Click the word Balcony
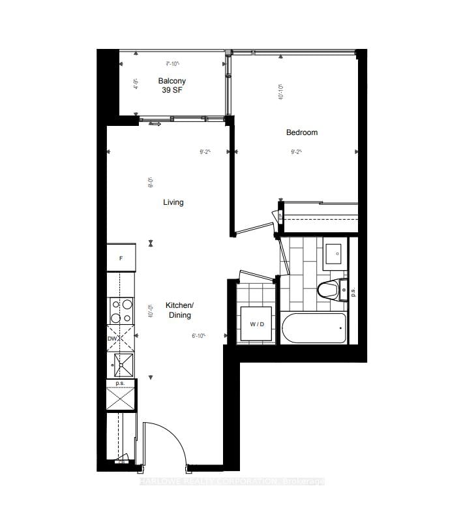pos(172,81)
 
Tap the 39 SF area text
pos(172,91)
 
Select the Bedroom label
pos(302,132)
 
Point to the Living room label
pos(173,202)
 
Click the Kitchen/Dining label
pos(179,311)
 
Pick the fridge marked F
pos(121,258)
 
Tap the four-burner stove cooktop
pos(121,311)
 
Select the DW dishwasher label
pos(112,339)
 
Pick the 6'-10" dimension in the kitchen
pos(199,336)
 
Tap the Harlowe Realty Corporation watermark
pos(231,481)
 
